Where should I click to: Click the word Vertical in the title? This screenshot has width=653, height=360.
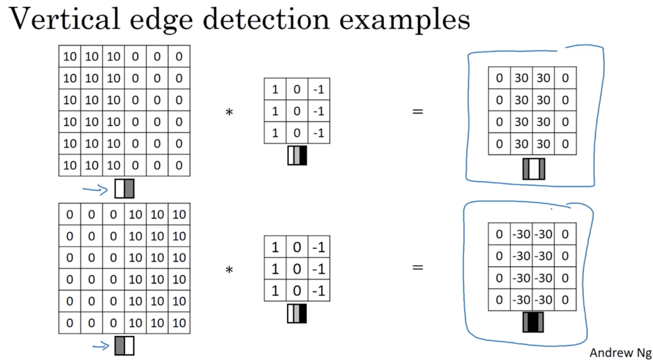point(64,19)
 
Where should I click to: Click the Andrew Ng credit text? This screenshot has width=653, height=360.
point(620,353)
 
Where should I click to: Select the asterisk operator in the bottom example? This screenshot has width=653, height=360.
point(229,270)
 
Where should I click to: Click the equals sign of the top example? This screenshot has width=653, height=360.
point(418,112)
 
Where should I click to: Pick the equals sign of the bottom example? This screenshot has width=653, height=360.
point(418,267)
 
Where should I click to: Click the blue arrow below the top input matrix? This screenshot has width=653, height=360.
point(95,190)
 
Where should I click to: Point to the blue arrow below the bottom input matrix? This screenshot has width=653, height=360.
point(101,346)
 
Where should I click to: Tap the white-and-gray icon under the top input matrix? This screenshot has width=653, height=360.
point(124,189)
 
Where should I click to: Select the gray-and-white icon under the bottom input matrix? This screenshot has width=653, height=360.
point(124,346)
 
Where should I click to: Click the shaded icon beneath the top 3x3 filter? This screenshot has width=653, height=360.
point(297,155)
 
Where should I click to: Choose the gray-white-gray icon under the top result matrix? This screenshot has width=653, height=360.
point(534,169)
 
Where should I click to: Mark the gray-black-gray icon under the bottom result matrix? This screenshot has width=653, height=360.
point(533,322)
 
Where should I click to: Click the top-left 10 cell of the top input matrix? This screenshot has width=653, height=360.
point(70,56)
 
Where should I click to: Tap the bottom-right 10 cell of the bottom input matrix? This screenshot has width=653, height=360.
point(179,323)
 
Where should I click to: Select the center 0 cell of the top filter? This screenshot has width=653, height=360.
point(297,111)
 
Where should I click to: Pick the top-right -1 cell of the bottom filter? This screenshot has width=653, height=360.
point(319,247)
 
